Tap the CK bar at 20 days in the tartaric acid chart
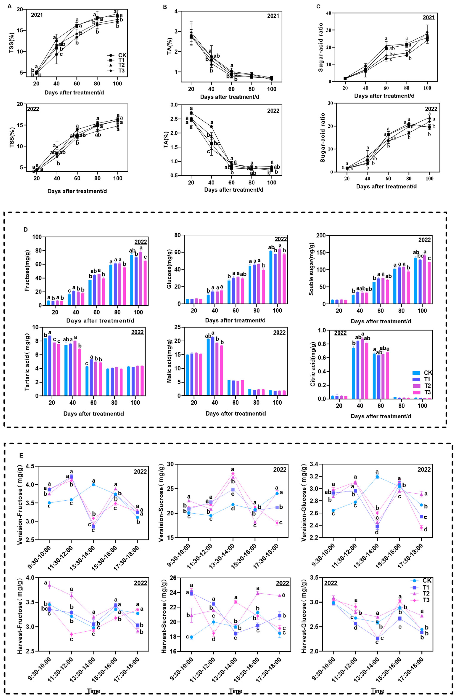click(x=45, y=367)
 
